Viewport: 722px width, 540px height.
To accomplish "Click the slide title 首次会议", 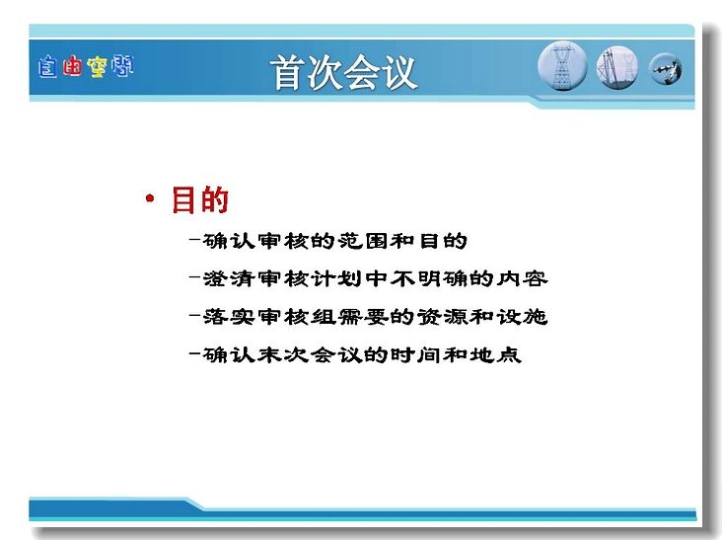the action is click(343, 72).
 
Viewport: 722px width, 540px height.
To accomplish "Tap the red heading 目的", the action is click(200, 200).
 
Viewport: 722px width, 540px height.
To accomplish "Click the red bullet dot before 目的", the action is click(150, 198).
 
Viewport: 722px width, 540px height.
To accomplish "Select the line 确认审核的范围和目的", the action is click(334, 241).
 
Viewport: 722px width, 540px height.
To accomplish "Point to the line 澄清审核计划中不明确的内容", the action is click(375, 278).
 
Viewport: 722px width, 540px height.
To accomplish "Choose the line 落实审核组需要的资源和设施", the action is click(375, 317).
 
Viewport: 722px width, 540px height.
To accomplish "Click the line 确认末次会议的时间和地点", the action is click(362, 354).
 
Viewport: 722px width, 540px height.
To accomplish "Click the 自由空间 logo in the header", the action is click(86, 66).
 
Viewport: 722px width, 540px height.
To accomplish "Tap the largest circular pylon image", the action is click(562, 66).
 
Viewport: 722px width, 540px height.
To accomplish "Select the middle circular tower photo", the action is click(617, 67).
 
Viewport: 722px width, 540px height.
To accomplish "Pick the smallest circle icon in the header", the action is click(666, 69).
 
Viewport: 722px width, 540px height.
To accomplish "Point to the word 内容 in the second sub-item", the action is click(522, 278).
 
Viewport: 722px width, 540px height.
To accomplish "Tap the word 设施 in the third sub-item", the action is click(522, 317).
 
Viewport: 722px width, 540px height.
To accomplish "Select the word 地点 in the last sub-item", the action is click(495, 354).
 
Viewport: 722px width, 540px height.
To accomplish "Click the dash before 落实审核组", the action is click(194, 316).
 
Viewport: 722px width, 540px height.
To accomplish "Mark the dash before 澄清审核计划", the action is click(194, 277).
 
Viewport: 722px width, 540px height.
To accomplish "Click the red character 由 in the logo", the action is click(72, 66).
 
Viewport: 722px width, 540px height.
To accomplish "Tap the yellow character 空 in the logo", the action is click(97, 67).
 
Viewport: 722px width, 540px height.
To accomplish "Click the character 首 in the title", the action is click(288, 72).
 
